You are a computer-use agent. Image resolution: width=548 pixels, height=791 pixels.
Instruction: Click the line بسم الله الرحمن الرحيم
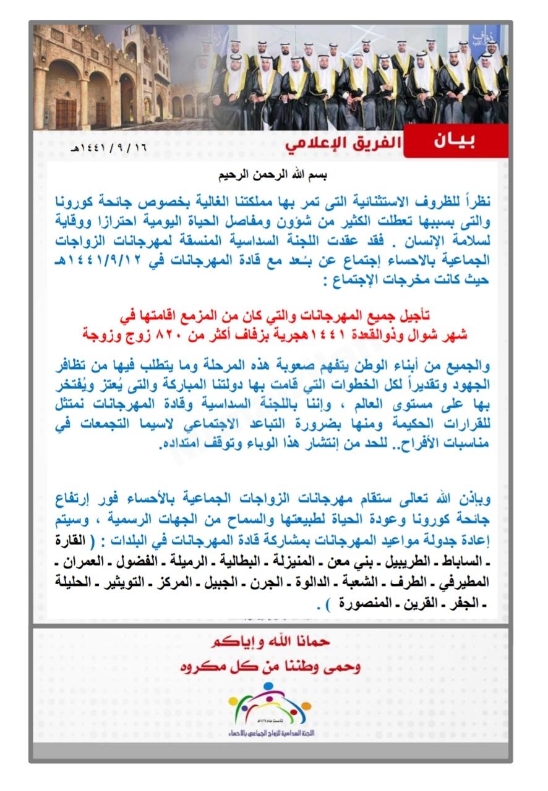pos(274,175)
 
